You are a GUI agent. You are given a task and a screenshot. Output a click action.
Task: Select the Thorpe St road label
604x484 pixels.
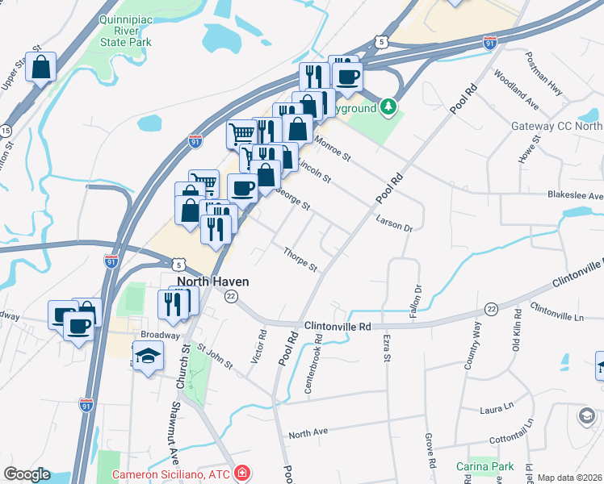[x=300, y=260]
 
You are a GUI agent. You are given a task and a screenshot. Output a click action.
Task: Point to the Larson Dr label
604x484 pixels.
[x=394, y=223]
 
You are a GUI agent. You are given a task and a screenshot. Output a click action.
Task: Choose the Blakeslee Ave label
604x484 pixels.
[x=575, y=196]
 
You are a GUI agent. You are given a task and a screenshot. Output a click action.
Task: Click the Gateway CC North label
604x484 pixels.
[x=557, y=126]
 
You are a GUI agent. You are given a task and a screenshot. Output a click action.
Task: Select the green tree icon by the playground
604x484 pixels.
[x=389, y=106]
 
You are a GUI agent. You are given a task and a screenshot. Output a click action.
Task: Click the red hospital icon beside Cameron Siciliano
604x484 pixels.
[x=241, y=474]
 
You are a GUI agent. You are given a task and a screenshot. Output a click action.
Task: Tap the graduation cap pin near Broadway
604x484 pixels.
[x=148, y=356]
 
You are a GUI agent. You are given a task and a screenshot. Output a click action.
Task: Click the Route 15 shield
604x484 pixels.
[x=6, y=131]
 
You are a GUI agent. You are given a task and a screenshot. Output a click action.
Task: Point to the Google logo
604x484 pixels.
[x=27, y=474]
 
